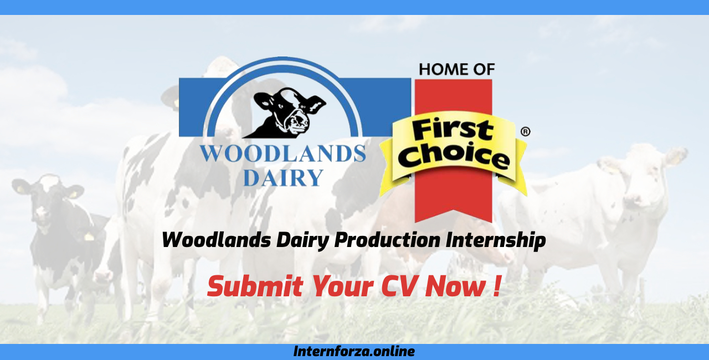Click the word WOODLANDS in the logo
point(282,154)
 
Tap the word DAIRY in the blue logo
point(283,177)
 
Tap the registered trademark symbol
point(525,132)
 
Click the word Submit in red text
point(255,286)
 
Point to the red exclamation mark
point(496,286)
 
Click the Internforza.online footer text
point(354,351)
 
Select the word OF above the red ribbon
point(481,69)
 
